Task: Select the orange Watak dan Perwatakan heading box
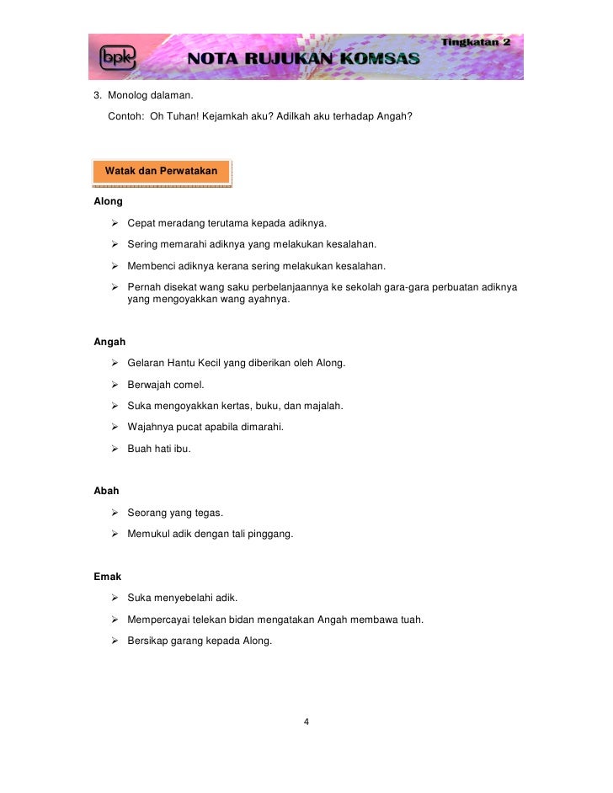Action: click(x=161, y=171)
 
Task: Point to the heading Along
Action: click(x=108, y=202)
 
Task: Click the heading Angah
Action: click(x=109, y=342)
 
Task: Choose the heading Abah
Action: click(x=107, y=491)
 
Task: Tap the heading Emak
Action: click(x=108, y=577)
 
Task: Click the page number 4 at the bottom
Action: click(x=306, y=721)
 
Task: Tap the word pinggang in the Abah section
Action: click(x=271, y=534)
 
